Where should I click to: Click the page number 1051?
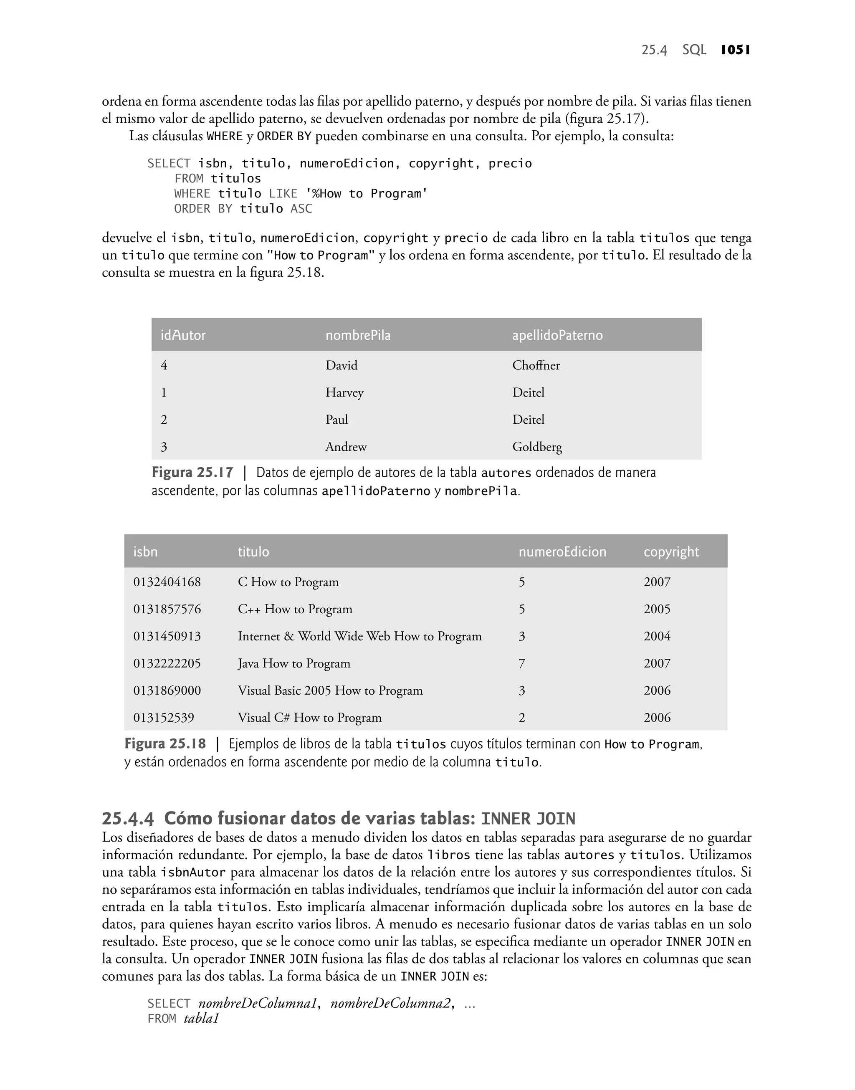point(735,50)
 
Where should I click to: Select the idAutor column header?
point(183,335)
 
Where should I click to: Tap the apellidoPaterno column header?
point(557,335)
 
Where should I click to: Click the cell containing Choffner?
point(536,365)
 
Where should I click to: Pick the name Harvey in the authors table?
point(344,392)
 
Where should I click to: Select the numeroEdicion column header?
point(562,551)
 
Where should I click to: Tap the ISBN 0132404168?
point(167,582)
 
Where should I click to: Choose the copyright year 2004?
point(657,636)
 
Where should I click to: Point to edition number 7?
point(521,664)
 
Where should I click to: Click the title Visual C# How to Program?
point(309,718)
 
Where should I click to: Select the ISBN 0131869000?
point(167,690)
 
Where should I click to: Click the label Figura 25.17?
point(192,473)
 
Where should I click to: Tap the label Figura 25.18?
point(165,744)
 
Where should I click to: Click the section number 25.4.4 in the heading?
point(128,819)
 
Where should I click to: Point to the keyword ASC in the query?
point(301,209)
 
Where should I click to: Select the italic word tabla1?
point(201,1019)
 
